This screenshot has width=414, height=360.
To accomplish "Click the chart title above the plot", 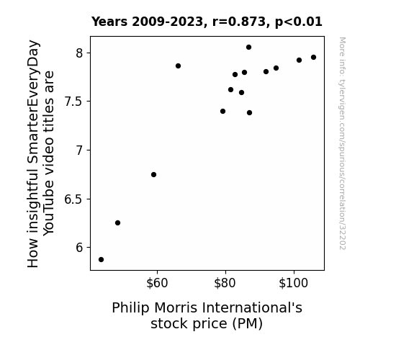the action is (207, 22).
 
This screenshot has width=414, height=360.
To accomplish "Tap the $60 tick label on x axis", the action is (157, 283).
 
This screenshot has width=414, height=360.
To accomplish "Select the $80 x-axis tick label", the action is (225, 283).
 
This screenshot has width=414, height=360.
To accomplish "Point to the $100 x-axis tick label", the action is (293, 283).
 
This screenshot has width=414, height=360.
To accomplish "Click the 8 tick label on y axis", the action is (79, 53).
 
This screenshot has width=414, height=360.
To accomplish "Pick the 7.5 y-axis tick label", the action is (74, 102).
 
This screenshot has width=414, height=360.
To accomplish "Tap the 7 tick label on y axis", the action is (79, 150).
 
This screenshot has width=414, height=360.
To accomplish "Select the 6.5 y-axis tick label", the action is (74, 199).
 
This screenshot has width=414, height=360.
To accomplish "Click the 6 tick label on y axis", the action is (79, 248).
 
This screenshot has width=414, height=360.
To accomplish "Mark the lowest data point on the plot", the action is (101, 260).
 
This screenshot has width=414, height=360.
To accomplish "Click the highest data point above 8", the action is (248, 48).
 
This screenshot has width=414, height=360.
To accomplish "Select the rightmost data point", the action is (314, 58).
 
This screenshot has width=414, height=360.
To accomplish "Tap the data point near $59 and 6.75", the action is (153, 174).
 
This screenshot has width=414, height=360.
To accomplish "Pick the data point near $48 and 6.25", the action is (118, 223).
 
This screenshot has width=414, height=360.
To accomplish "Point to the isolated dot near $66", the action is (179, 66).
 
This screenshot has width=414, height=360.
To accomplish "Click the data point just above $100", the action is (299, 60).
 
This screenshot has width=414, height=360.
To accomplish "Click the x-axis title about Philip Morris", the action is (207, 315).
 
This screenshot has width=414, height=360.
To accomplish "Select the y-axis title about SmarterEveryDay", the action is (40, 153).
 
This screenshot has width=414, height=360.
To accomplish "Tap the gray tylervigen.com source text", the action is (343, 143).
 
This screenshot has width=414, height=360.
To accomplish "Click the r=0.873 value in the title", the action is (239, 22).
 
